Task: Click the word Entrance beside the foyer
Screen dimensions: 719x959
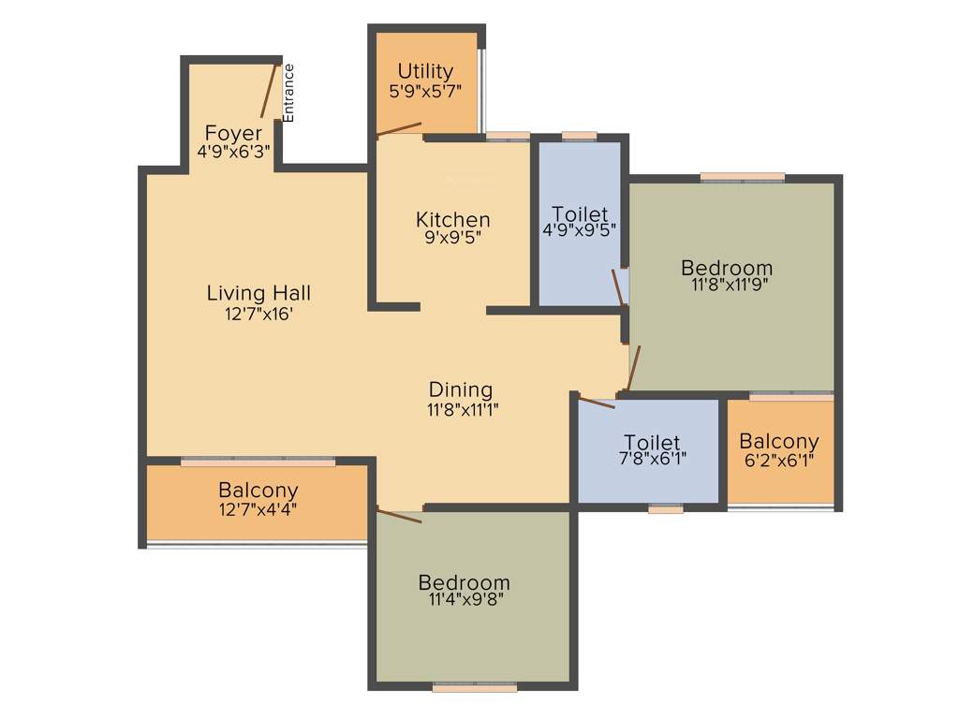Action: pyautogui.click(x=288, y=92)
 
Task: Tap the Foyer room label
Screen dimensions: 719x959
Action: pyautogui.click(x=233, y=133)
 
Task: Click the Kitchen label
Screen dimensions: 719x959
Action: pyautogui.click(x=453, y=220)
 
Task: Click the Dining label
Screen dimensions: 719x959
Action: pyautogui.click(x=460, y=389)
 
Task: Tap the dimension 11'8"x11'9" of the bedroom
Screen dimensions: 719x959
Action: pyautogui.click(x=726, y=286)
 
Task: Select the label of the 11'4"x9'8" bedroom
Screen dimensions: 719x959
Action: pyautogui.click(x=464, y=582)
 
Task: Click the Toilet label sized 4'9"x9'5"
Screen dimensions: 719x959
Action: pyautogui.click(x=580, y=213)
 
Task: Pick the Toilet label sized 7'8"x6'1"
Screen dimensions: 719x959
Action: pyautogui.click(x=652, y=443)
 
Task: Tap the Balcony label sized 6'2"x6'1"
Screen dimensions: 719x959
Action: pyautogui.click(x=778, y=441)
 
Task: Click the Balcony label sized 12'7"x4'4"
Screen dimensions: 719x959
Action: pyautogui.click(x=258, y=490)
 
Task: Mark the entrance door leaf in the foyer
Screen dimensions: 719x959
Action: pyautogui.click(x=269, y=91)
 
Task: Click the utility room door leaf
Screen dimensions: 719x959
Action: pyautogui.click(x=399, y=130)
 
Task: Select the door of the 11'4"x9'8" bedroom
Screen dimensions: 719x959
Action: pyautogui.click(x=399, y=515)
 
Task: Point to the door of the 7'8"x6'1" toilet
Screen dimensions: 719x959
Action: pyautogui.click(x=597, y=404)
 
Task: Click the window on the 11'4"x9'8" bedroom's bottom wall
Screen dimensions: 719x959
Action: pyautogui.click(x=475, y=687)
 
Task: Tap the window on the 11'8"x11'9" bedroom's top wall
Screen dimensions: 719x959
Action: pyautogui.click(x=743, y=177)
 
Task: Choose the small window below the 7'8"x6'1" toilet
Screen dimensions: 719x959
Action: pyautogui.click(x=666, y=510)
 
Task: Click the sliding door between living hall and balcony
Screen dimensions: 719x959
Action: pyautogui.click(x=258, y=462)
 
